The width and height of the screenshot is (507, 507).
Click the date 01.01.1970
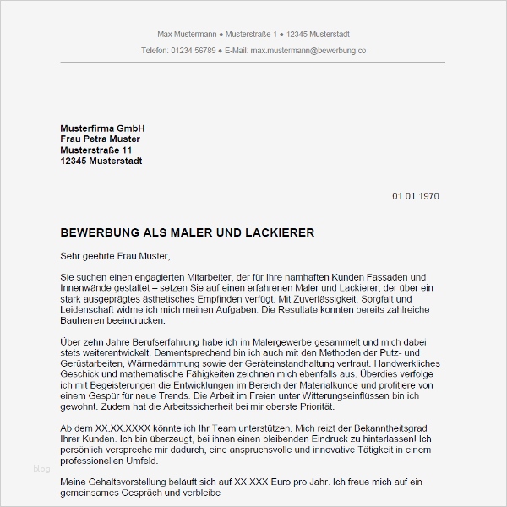click(415, 196)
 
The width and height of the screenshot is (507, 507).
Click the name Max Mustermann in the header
click(186, 34)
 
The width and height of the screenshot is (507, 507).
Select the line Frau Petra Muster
click(100, 139)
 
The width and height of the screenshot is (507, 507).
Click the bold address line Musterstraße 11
click(96, 150)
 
